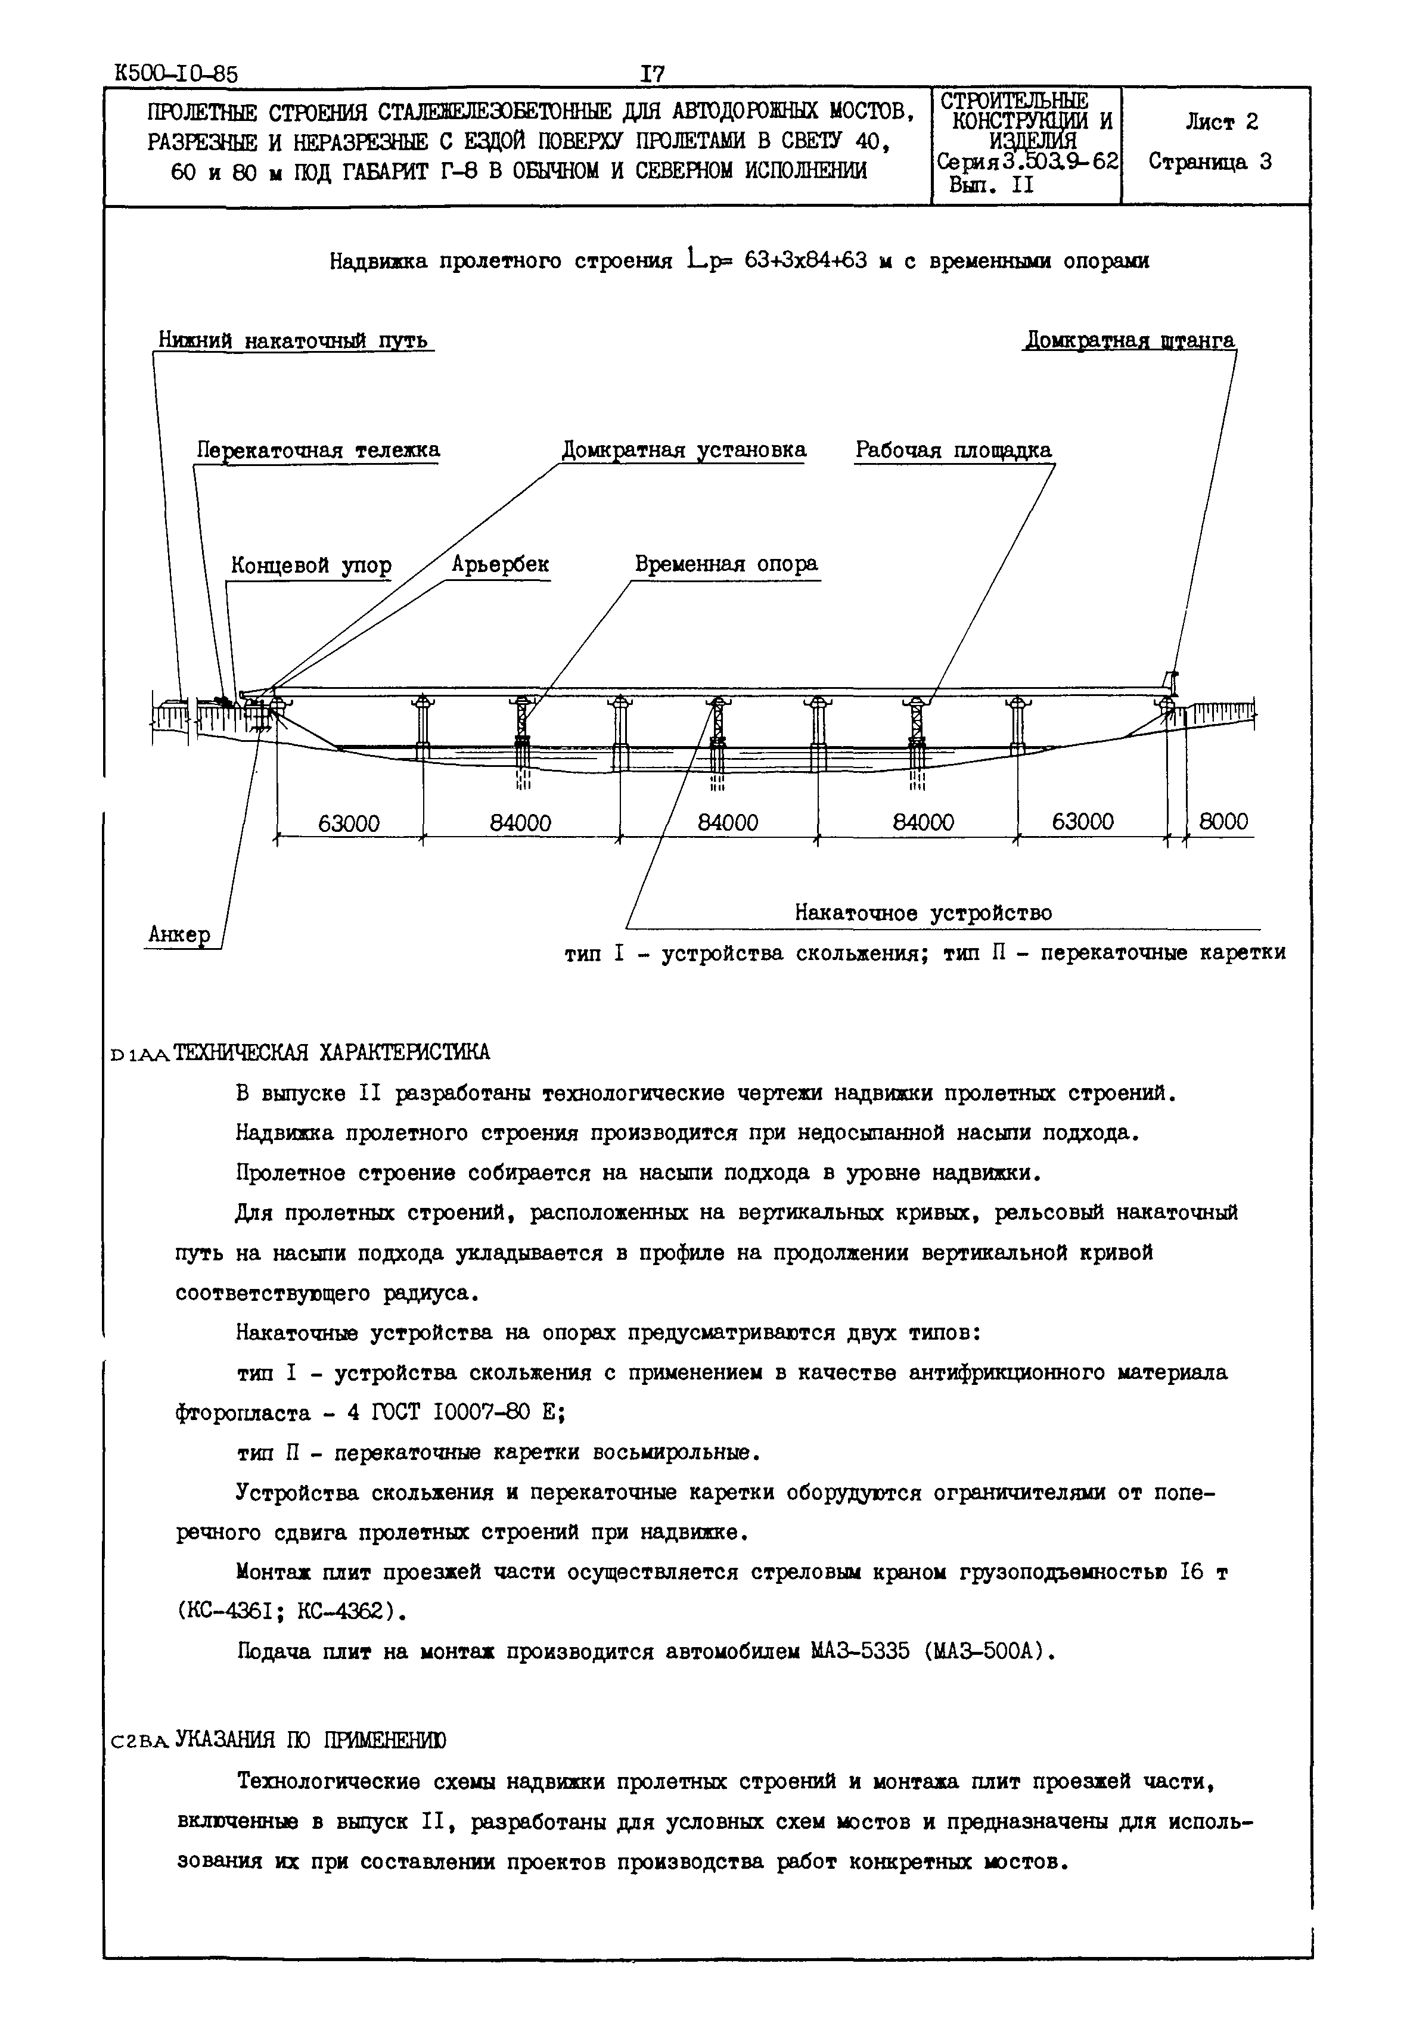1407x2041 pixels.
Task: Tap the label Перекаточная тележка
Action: tap(318, 450)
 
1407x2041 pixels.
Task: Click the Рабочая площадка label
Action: tap(953, 450)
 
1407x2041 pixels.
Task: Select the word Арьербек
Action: tap(500, 564)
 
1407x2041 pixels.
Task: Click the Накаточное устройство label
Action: tap(923, 912)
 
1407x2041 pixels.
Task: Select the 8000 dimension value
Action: tap(1223, 822)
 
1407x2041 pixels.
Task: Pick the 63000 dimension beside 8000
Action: tap(1083, 822)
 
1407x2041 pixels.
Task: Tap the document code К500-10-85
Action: tap(176, 74)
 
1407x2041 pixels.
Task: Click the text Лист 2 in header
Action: tap(1221, 123)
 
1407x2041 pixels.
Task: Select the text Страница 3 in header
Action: tap(1210, 161)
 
